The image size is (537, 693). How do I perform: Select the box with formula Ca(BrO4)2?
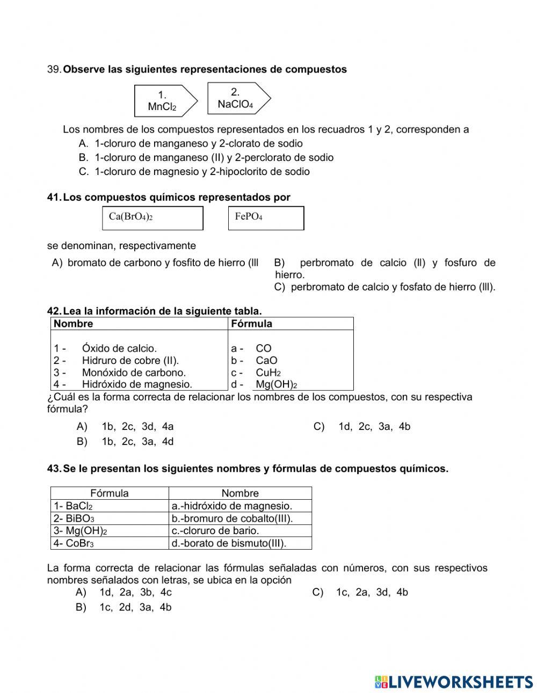pyautogui.click(x=152, y=218)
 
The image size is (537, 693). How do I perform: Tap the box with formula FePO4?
pyautogui.click(x=266, y=218)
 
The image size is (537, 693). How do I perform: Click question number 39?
pyautogui.click(x=55, y=70)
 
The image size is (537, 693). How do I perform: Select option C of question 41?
pyautogui.click(x=384, y=287)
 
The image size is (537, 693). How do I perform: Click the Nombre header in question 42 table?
pyautogui.click(x=74, y=324)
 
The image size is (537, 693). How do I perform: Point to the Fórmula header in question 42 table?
pyautogui.click(x=251, y=324)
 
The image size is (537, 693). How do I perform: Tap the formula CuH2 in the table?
pyautogui.click(x=268, y=373)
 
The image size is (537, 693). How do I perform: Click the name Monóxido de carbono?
pyautogui.click(x=134, y=373)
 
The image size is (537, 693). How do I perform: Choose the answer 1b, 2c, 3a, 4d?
pyautogui.click(x=137, y=442)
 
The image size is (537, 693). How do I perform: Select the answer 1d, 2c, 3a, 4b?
pyautogui.click(x=374, y=427)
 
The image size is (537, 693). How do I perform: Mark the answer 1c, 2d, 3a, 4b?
pyautogui.click(x=135, y=608)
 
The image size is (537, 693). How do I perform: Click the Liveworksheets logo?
pyautogui.click(x=454, y=682)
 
